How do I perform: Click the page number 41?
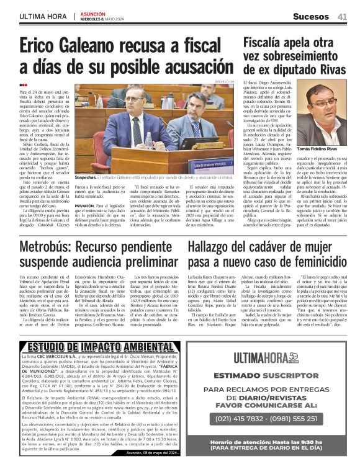(x=342, y=16)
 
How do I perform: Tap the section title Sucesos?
(x=310, y=16)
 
